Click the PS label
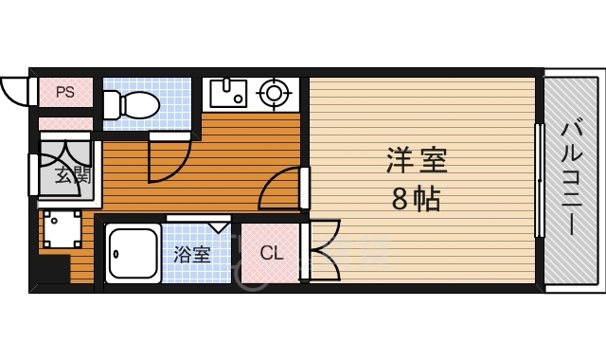[x=64, y=92]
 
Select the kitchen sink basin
[x=227, y=93]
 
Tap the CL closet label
[x=271, y=253]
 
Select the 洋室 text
[x=417, y=160]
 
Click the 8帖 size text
[x=417, y=200]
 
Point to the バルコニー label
[x=572, y=178]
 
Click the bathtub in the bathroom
[x=133, y=254]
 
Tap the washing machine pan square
[x=62, y=230]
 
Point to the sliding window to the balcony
[x=539, y=180]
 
